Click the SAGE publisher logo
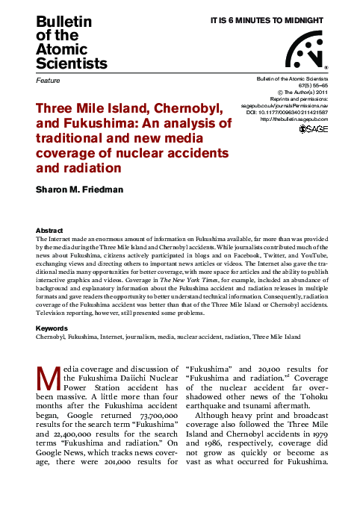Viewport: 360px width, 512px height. click(313, 129)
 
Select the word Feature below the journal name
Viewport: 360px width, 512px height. click(48, 78)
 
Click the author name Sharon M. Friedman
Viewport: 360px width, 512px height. click(81, 190)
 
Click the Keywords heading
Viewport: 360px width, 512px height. click(52, 328)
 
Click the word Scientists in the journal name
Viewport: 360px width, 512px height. click(72, 63)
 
